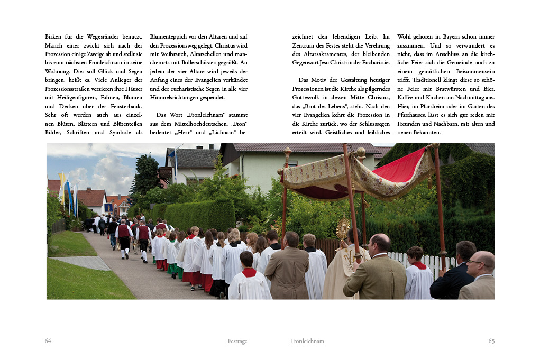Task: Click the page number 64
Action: click(48, 341)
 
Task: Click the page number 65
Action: click(491, 341)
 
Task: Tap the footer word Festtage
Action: click(237, 341)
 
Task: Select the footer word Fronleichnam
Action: click(307, 341)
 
